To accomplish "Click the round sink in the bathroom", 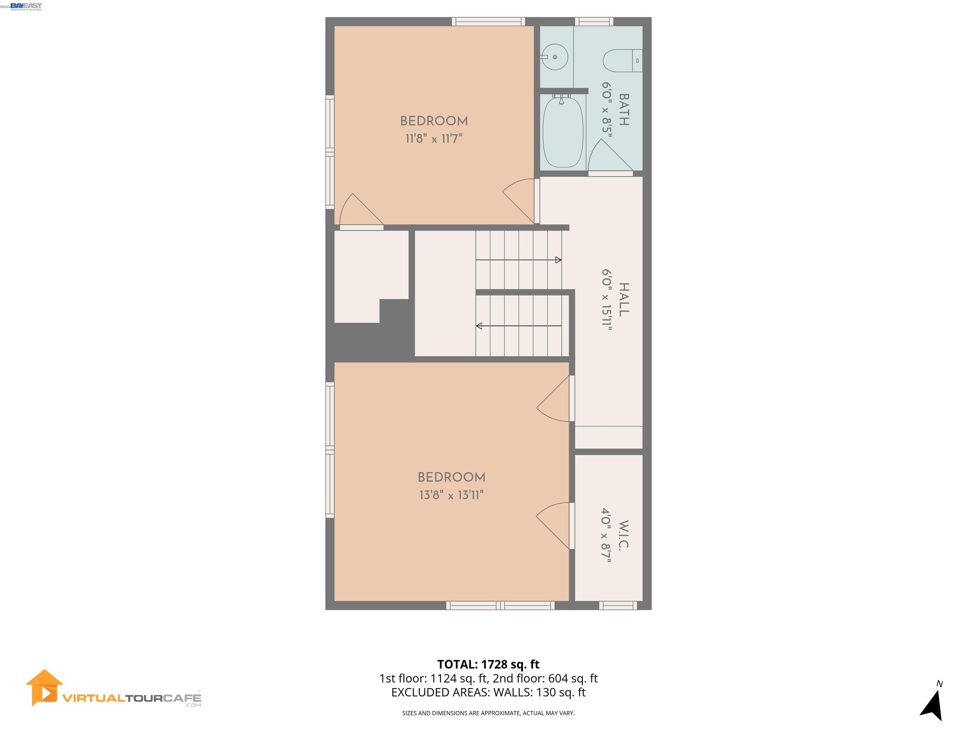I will click(555, 57).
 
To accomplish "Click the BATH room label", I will click(623, 109).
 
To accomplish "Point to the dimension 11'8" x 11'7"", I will click(434, 139).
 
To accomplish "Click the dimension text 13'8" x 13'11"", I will click(451, 495).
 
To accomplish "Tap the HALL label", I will click(623, 300).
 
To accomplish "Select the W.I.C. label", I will click(622, 534).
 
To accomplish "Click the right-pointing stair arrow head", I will click(558, 260).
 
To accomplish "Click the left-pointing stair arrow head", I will click(479, 326).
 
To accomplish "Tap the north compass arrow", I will click(932, 705).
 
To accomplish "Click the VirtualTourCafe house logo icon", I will click(44, 688).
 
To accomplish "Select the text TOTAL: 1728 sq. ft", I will click(488, 664).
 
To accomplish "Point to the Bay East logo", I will click(26, 6).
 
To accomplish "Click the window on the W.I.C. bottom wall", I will click(618, 605).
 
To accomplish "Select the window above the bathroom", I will click(594, 21).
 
